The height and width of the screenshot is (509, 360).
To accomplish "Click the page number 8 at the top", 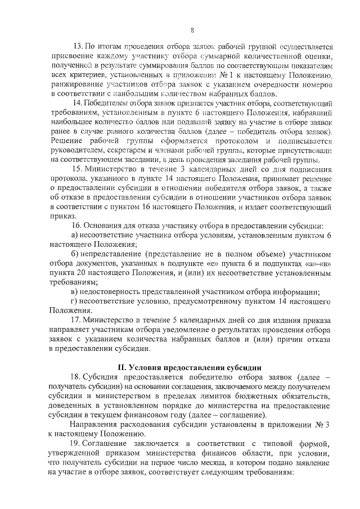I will click(x=192, y=30).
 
